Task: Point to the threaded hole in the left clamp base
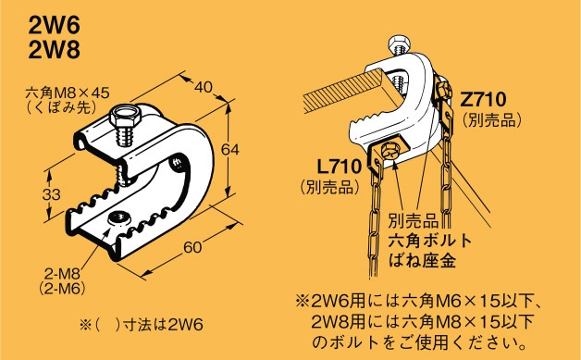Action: pyautogui.click(x=117, y=217)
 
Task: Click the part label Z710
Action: pyautogui.click(x=484, y=99)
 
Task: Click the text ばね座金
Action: pyautogui.click(x=422, y=261)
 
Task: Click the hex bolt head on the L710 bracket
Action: pyautogui.click(x=389, y=150)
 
